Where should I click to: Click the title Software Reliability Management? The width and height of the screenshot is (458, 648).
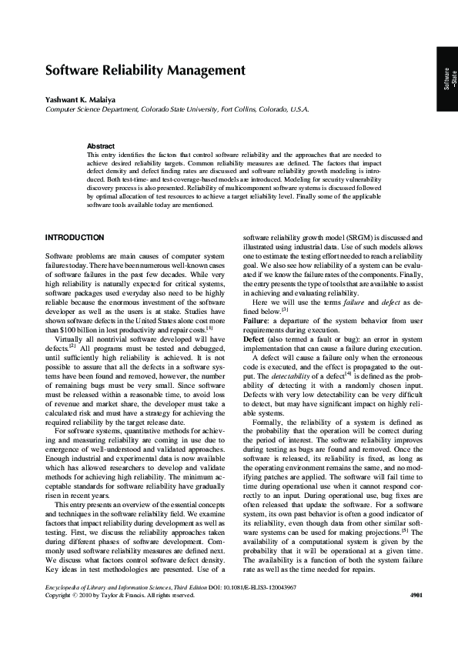[145, 71]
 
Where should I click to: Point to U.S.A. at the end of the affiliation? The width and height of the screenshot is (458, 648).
[297, 109]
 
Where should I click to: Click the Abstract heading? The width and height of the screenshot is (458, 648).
[101, 145]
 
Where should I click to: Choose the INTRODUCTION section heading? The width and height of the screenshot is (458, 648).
[75, 237]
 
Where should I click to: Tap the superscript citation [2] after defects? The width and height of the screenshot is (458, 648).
[74, 346]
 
